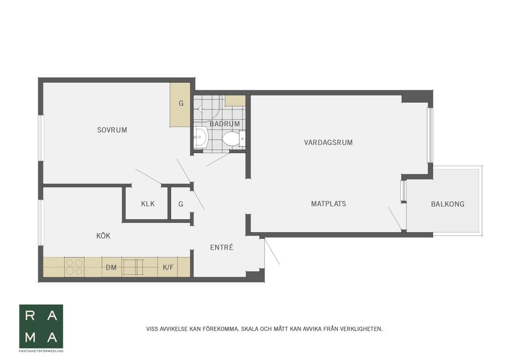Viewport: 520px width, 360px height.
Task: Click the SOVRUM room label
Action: [x=112, y=130]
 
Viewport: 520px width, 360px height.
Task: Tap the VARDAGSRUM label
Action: [x=328, y=143]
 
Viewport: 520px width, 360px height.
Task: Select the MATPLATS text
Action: [x=328, y=204]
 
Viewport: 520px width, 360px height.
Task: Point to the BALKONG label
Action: [x=447, y=204]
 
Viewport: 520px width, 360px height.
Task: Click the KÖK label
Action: [x=103, y=236]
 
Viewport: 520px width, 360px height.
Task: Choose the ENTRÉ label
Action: [x=222, y=247]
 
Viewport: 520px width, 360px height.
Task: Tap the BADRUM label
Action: [x=224, y=124]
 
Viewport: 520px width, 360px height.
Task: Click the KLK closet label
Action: [x=148, y=204]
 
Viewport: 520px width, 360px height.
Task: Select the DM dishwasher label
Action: [x=112, y=267]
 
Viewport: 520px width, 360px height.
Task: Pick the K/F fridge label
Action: [x=168, y=267]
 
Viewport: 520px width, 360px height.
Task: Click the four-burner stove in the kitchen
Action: [x=74, y=267]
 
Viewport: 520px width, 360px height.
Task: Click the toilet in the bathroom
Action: [x=232, y=139]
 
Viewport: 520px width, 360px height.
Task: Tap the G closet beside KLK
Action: [x=180, y=204]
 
